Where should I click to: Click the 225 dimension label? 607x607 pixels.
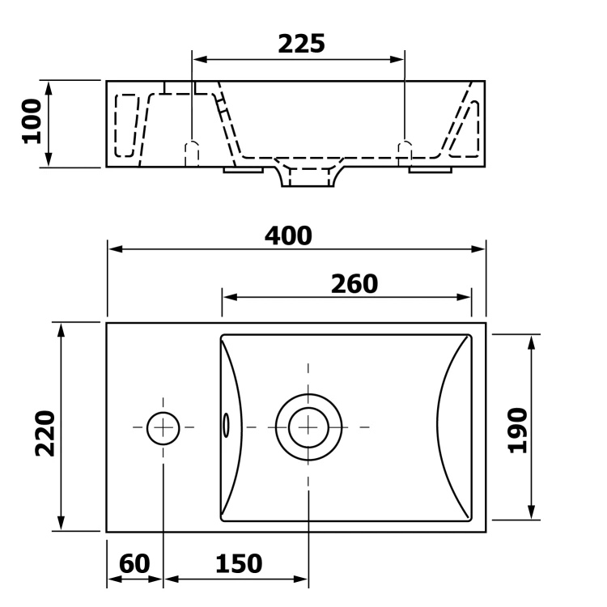tap(302, 44)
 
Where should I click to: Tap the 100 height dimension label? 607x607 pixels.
tap(32, 121)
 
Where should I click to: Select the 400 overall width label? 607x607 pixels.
tap(288, 236)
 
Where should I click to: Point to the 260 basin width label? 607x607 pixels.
tap(354, 284)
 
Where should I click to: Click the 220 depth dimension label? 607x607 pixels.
tap(45, 433)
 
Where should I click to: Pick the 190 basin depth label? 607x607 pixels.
tap(518, 430)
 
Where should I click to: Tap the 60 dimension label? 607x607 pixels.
tap(134, 563)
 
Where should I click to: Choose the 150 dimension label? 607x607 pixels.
tap(239, 563)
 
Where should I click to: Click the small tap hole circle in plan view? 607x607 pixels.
tap(163, 412)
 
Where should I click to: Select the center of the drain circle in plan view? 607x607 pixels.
tap(308, 427)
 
